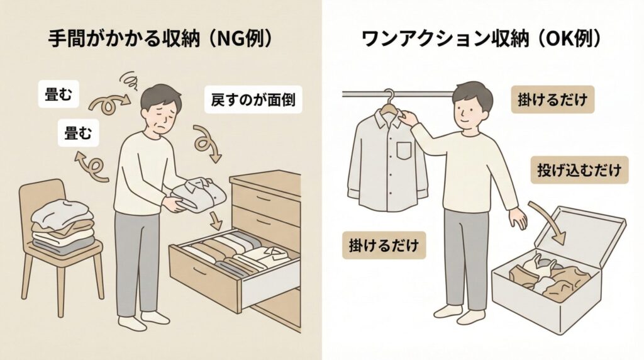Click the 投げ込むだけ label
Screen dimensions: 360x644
click(579, 170)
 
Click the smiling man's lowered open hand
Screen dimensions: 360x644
click(518, 220)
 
